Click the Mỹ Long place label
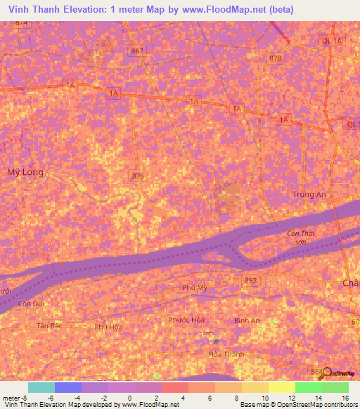(25, 172)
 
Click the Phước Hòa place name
(186, 320)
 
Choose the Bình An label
(247, 320)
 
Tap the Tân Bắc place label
(50, 326)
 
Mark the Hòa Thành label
(226, 354)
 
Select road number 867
(137, 51)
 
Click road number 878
(275, 58)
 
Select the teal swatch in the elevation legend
(41, 387)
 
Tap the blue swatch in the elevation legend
(67, 387)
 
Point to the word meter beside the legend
(11, 398)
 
